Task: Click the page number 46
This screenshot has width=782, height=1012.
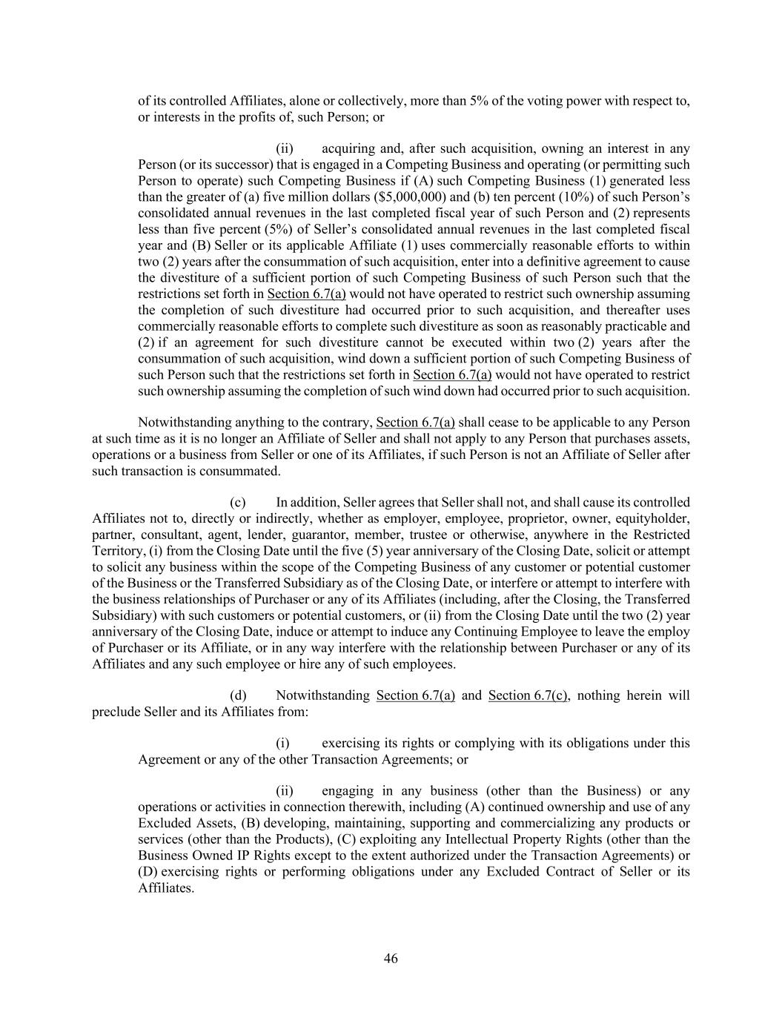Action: coord(391,959)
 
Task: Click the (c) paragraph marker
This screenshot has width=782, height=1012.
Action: coord(237,502)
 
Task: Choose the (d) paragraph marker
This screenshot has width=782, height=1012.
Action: coord(237,695)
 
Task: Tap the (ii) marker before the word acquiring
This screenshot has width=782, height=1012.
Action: coord(285,149)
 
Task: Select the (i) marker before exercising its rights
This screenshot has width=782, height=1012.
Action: coord(282,743)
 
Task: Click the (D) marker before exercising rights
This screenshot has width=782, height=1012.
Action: coord(148,871)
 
